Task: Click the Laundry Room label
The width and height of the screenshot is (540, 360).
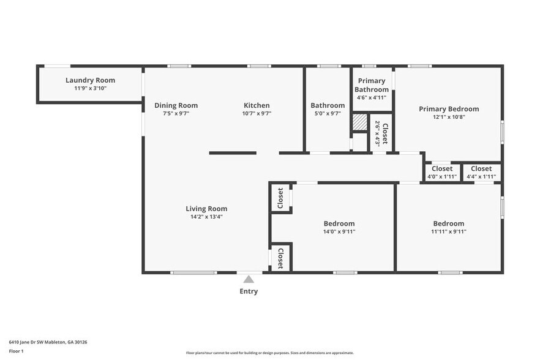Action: [x=90, y=80]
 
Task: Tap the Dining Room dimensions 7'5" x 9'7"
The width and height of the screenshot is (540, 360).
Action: [x=176, y=113]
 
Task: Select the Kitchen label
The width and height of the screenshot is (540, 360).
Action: [x=257, y=105]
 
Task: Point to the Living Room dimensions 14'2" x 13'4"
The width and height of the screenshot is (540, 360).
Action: [x=206, y=216]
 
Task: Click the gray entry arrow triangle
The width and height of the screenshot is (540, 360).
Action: [x=249, y=279]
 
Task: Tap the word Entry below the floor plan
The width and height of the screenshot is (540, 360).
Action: [x=249, y=291]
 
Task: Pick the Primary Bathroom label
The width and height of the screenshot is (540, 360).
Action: [x=372, y=85]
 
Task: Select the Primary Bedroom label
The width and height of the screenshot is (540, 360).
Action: [x=449, y=109]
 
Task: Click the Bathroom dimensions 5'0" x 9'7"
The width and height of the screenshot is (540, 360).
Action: [x=328, y=113]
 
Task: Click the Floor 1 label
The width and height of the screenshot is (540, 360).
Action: [x=16, y=351]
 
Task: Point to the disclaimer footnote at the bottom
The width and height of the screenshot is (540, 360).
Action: [x=269, y=353]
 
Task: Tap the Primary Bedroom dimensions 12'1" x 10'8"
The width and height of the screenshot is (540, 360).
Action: [x=449, y=117]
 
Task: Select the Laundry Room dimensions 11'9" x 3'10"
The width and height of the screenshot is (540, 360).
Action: [x=90, y=88]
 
